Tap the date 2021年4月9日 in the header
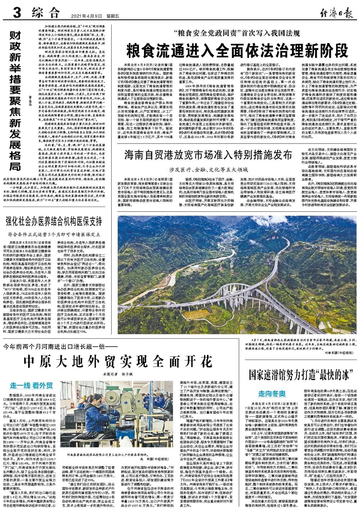pyautogui.click(x=86, y=16)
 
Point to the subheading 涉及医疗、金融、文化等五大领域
pyautogui.click(x=209, y=168)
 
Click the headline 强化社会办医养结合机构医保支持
pyautogui.click(x=53, y=221)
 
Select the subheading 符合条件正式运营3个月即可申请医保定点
pyautogui.click(x=53, y=234)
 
